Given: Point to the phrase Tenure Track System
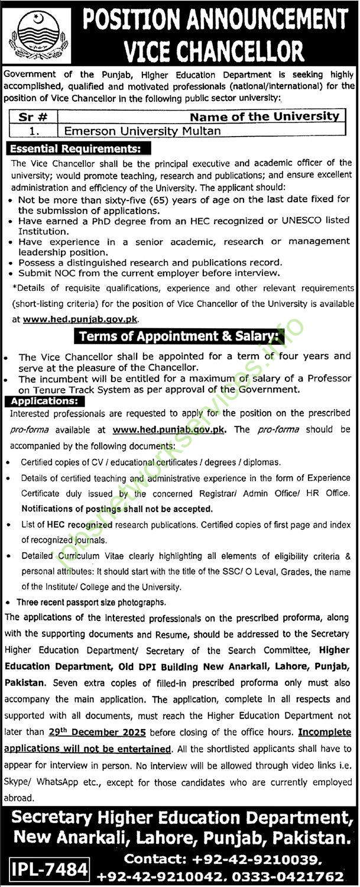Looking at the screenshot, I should [88, 390].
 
